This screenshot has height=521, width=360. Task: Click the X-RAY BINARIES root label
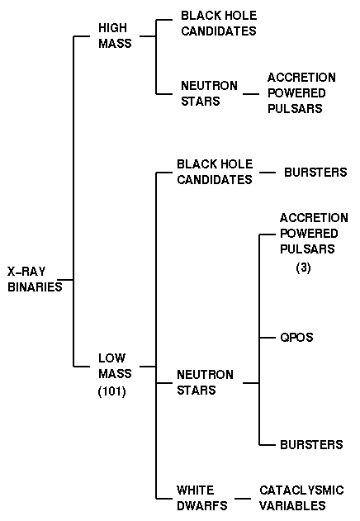coord(35,279)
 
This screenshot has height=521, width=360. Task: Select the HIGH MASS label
coord(115,36)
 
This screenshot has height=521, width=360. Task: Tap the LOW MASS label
coord(115,366)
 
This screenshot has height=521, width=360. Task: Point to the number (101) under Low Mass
coord(112,391)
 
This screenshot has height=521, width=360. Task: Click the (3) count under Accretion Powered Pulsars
coord(303,268)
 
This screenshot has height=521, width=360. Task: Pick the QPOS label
coord(296,338)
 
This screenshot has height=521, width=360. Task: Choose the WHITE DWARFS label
coord(202,498)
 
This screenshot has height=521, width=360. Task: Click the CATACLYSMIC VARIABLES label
coord(301,498)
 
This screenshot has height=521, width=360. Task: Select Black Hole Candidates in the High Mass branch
coord(219,23)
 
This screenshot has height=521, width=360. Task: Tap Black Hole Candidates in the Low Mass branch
coord(215,172)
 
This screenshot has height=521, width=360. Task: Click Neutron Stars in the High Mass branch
coord(209,93)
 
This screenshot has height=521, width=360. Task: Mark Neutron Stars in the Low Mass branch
coord(205,382)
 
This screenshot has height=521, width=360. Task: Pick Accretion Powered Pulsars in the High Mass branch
coord(301,93)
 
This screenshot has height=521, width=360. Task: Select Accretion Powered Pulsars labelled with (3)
coord(314,234)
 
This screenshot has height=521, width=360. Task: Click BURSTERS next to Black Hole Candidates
coord(315,172)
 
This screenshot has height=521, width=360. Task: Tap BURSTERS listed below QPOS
coord(311,444)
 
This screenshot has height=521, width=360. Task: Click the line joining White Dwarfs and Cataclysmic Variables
coord(243,499)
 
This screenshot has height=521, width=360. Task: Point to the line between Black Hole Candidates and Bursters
coord(268,173)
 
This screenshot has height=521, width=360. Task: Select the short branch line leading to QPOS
coord(268,338)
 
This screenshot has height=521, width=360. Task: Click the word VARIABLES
coord(292,505)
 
